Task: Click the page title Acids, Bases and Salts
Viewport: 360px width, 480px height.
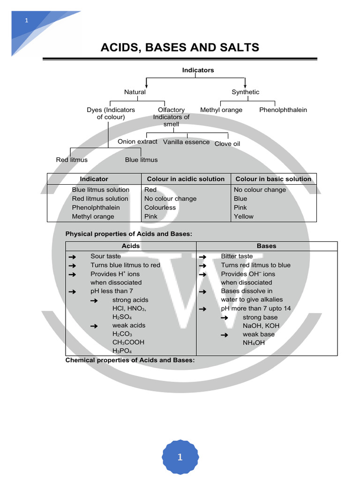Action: [x=180, y=47]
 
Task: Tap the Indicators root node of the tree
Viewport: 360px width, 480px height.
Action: [x=198, y=70]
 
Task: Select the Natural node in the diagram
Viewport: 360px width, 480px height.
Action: [x=135, y=92]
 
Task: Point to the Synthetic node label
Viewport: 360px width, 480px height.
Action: [x=245, y=92]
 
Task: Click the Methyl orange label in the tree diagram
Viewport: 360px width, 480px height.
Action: [x=221, y=110]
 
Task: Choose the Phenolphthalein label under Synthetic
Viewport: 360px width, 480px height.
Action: [x=283, y=110]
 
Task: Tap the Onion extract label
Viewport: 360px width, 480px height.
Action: [x=137, y=142]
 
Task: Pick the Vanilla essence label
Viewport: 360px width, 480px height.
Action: [x=186, y=142]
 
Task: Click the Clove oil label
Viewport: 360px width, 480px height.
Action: [x=227, y=144]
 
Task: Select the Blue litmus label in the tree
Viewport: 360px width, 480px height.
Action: [x=141, y=160]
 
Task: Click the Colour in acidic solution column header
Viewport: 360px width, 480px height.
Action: [x=186, y=179]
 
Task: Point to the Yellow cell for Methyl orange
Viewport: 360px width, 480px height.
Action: [x=243, y=217]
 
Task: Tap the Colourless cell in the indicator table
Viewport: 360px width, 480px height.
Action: [x=160, y=208]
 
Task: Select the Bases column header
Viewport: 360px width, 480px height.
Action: [x=266, y=246]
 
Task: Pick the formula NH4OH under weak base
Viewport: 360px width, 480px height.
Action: [x=254, y=343]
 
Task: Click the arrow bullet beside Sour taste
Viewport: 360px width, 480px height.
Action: [x=72, y=256]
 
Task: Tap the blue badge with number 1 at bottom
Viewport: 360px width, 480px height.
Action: [x=180, y=457]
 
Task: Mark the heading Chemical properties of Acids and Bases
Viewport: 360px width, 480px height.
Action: [x=130, y=360]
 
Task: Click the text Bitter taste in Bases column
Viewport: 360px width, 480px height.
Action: [x=237, y=256]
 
